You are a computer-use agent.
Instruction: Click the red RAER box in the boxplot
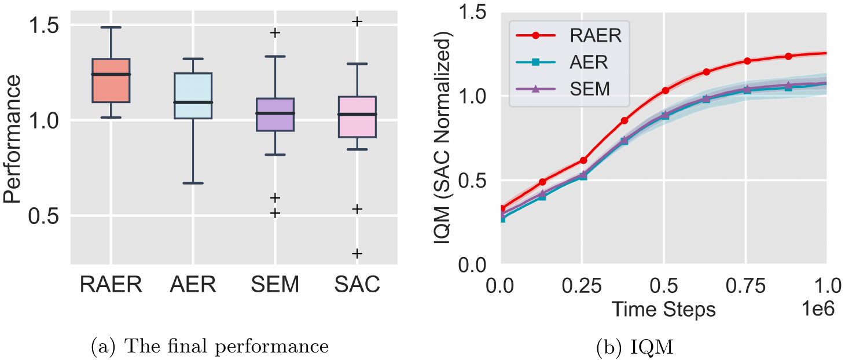pos(111,81)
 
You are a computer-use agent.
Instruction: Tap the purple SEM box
pos(275,115)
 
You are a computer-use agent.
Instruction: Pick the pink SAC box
pos(357,117)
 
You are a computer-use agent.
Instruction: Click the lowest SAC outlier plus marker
pos(357,254)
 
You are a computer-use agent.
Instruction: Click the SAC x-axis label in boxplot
pos(357,284)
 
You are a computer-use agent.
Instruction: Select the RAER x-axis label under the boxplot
pos(111,284)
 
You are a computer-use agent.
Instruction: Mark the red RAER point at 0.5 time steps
pos(665,90)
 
